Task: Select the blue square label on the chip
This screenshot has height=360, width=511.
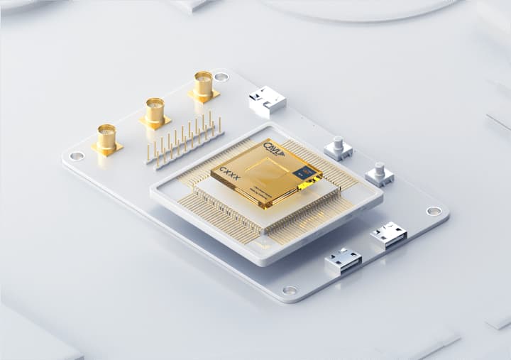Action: point(307,172)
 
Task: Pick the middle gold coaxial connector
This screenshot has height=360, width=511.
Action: point(155,112)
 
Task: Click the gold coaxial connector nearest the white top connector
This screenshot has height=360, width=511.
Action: point(203,86)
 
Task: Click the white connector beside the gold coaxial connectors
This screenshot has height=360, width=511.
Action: point(267,101)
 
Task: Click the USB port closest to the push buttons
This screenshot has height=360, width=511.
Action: point(388,235)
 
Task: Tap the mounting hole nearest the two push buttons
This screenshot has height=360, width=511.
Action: point(433,210)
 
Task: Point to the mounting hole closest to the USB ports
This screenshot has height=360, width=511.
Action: point(290,290)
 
